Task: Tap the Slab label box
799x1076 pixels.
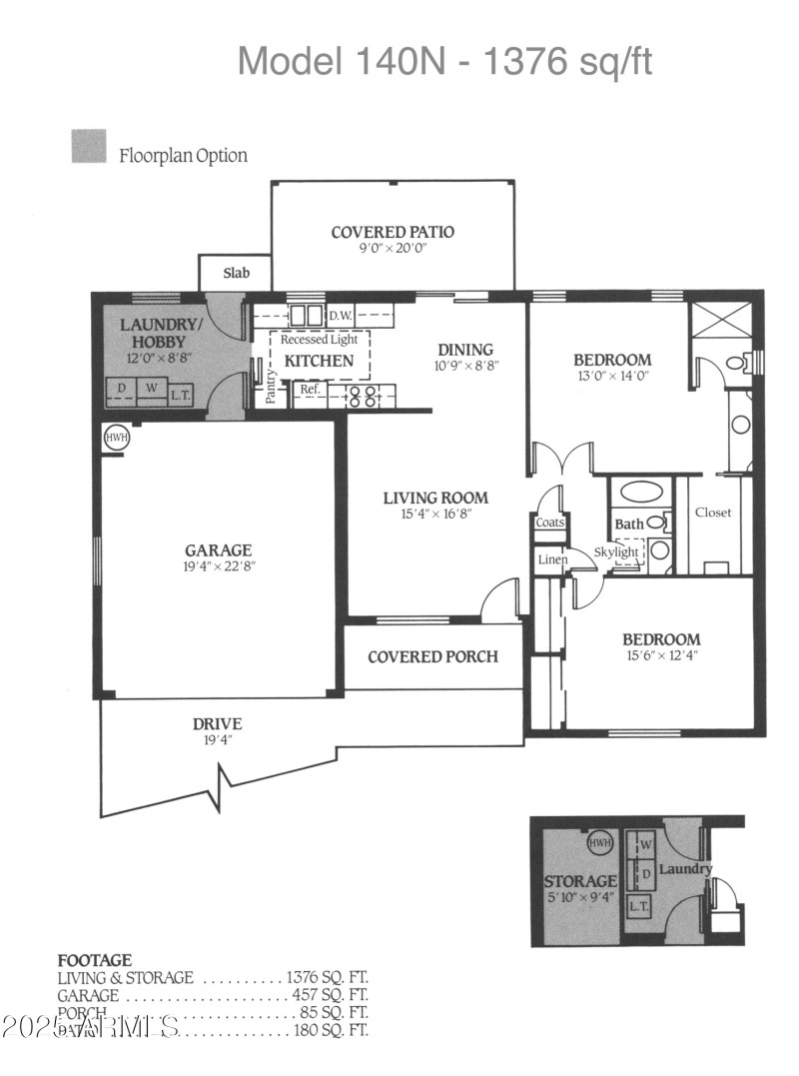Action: pos(236,273)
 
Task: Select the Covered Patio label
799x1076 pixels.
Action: pos(393,232)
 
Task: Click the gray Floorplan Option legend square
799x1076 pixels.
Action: pos(89,147)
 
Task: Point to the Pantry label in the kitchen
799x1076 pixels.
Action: pos(271,388)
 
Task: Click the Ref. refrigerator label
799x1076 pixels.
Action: pos(310,389)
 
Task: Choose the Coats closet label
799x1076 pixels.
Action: pos(550,523)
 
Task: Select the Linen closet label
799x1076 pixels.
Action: pos(552,559)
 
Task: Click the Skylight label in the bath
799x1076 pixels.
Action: pos(616,552)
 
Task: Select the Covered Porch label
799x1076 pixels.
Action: pos(432,656)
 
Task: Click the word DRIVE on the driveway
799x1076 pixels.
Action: pos(218,724)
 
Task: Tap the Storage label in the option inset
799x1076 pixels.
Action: pos(579,881)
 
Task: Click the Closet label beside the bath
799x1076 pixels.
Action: pos(713,513)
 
